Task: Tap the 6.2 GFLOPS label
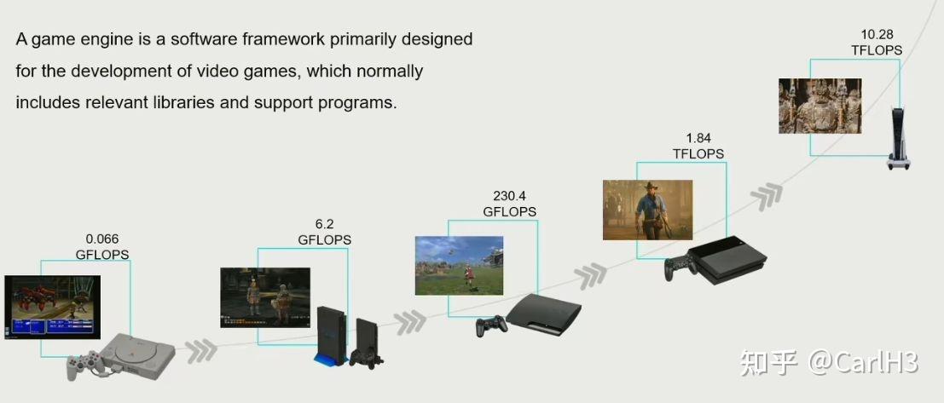point(324,233)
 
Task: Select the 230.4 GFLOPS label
point(510,204)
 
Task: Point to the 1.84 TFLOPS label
point(698,146)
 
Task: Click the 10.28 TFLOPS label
point(877,43)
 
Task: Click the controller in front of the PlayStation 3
point(489,325)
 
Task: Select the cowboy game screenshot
point(647,210)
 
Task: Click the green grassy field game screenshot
point(458,265)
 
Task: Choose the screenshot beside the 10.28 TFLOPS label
point(819,106)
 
